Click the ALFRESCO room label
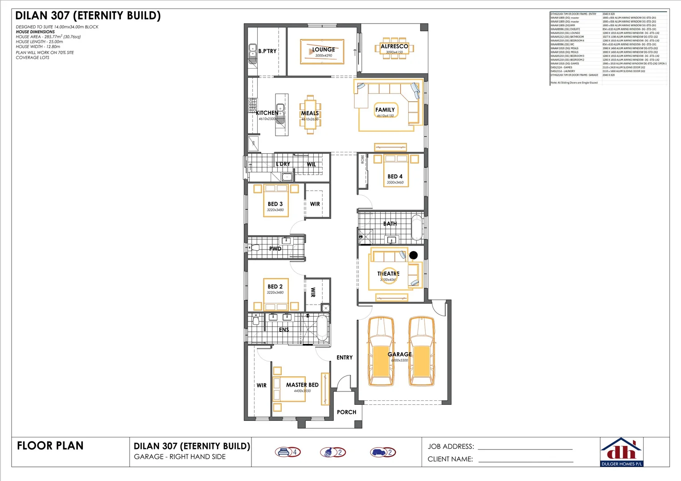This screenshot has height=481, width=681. [394, 46]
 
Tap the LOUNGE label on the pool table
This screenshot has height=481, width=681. [324, 50]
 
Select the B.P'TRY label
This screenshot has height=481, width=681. [267, 51]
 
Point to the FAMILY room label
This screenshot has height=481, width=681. [385, 110]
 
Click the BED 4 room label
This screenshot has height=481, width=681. [395, 176]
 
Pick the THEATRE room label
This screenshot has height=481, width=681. [389, 273]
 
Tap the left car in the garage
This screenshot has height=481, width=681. [380, 351]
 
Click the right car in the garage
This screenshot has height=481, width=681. [422, 351]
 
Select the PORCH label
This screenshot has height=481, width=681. [346, 412]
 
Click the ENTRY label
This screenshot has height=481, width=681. [345, 358]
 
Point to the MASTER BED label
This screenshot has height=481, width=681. [302, 385]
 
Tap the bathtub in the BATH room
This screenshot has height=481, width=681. [417, 228]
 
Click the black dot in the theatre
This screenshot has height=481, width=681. [414, 255]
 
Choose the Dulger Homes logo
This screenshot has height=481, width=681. [622, 452]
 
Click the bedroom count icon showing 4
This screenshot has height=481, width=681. [287, 452]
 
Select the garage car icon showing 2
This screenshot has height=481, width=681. [383, 452]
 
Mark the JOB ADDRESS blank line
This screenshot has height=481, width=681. [525, 449]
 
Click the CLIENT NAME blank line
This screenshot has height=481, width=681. [525, 462]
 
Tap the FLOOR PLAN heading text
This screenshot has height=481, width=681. [50, 446]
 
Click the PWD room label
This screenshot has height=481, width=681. [275, 249]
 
